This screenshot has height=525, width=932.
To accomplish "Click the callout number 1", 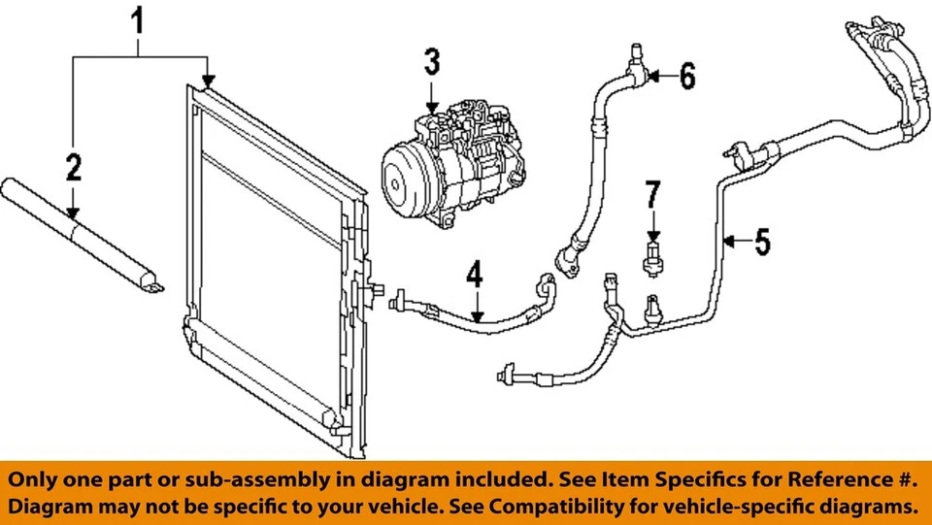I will [x=140, y=19].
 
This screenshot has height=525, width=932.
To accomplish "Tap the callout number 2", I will [x=74, y=169].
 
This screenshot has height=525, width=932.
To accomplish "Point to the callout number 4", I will [x=474, y=276].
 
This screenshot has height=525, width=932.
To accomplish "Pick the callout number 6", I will [x=686, y=76].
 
